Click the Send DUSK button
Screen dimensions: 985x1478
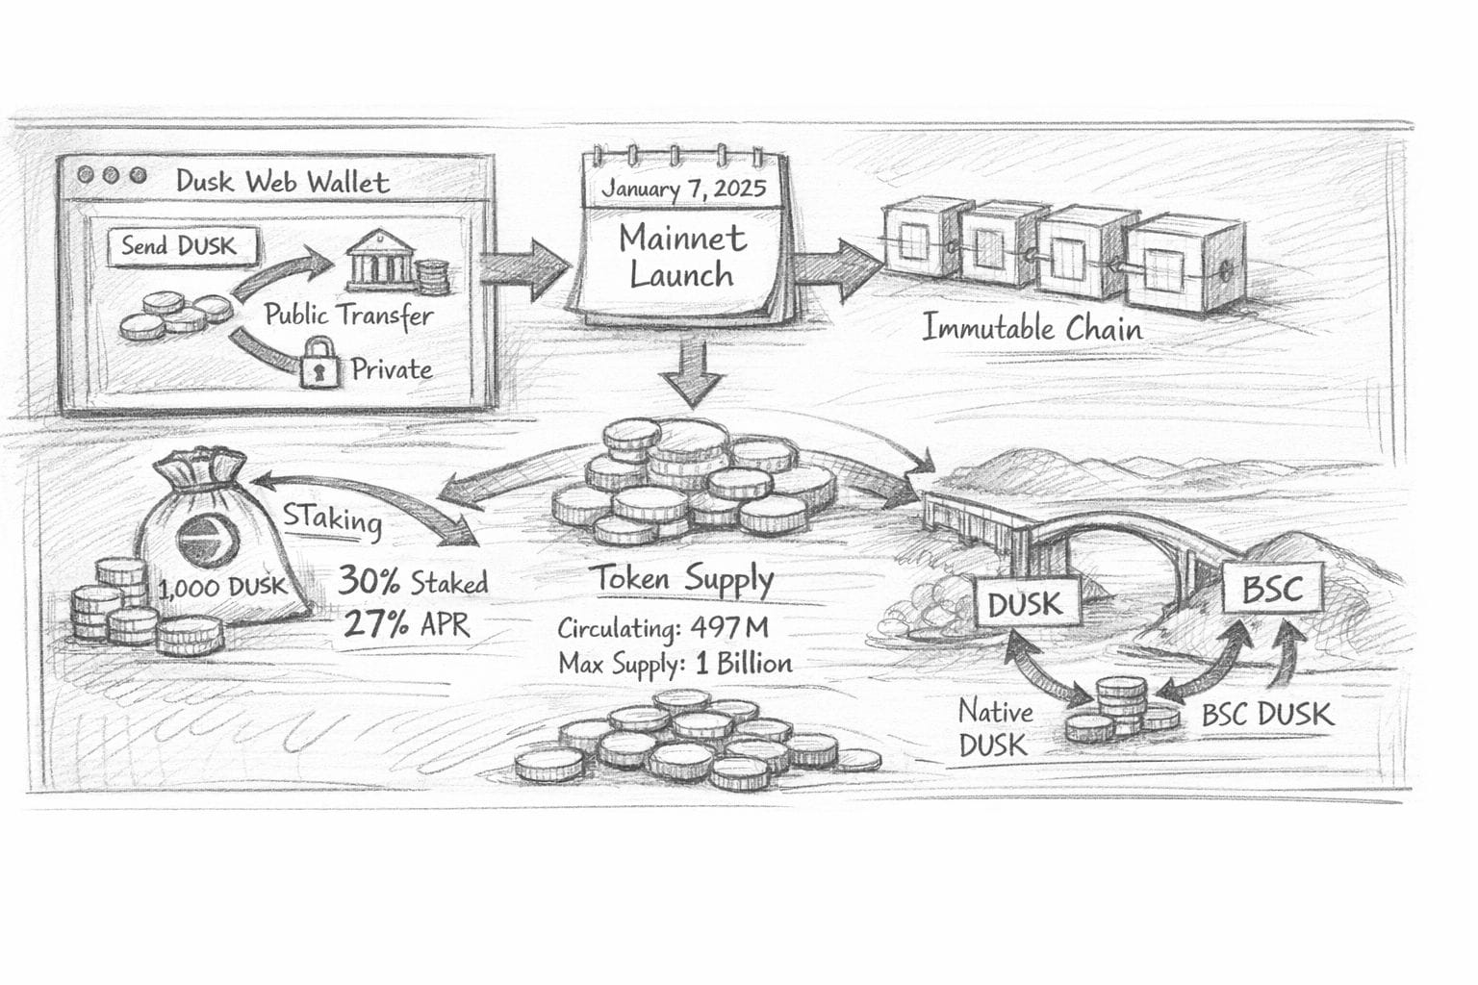click(178, 245)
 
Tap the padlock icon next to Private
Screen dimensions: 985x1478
click(321, 362)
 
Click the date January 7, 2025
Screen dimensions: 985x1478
click(683, 188)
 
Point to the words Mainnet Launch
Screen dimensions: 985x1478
click(681, 256)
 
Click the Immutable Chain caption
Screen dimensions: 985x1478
click(1032, 328)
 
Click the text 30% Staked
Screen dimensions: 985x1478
click(412, 581)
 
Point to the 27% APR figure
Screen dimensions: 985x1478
click(406, 625)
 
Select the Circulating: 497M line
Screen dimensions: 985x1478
click(663, 628)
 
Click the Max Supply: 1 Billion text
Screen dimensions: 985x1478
click(675, 663)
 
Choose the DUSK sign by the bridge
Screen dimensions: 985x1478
click(1025, 604)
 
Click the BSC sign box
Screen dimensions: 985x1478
click(1272, 588)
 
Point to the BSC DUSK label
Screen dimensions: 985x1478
click(1267, 715)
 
